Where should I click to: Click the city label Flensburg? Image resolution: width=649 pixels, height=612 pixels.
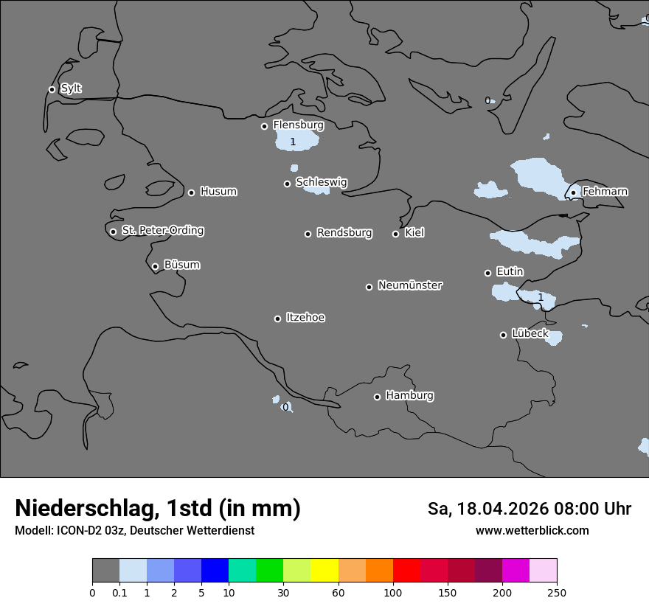pyautogui.click(x=298, y=125)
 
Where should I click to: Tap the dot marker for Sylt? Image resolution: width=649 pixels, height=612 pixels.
pyautogui.click(x=52, y=89)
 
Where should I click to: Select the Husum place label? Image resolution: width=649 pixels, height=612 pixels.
pyautogui.click(x=218, y=192)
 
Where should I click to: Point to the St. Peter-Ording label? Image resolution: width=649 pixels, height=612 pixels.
pyautogui.click(x=162, y=231)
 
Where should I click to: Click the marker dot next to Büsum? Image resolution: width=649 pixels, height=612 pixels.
pyautogui.click(x=155, y=266)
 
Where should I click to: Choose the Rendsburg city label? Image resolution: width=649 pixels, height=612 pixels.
pyautogui.click(x=344, y=233)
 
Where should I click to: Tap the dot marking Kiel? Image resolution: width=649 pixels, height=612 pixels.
pyautogui.click(x=395, y=234)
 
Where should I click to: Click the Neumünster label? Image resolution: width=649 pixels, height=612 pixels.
pyautogui.click(x=410, y=285)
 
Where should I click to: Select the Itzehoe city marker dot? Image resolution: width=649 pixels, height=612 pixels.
pyautogui.click(x=277, y=319)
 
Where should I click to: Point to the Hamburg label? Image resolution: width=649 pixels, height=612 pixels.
pyautogui.click(x=409, y=396)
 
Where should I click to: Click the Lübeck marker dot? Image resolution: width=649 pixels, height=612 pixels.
pyautogui.click(x=503, y=335)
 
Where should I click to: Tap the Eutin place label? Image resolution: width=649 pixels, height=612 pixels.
pyautogui.click(x=510, y=272)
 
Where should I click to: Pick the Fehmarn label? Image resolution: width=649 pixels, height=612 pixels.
pyautogui.click(x=605, y=192)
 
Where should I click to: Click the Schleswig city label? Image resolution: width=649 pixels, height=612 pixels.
pyautogui.click(x=322, y=182)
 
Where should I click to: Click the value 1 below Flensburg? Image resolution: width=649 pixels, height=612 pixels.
pyautogui.click(x=293, y=142)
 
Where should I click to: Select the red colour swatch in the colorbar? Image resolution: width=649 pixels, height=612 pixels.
pyautogui.click(x=406, y=571)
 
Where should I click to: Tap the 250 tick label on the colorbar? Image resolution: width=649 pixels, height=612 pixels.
pyautogui.click(x=557, y=592)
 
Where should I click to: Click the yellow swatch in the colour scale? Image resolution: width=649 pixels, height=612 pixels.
pyautogui.click(x=324, y=571)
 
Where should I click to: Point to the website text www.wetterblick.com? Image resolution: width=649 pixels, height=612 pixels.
pyautogui.click(x=532, y=530)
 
